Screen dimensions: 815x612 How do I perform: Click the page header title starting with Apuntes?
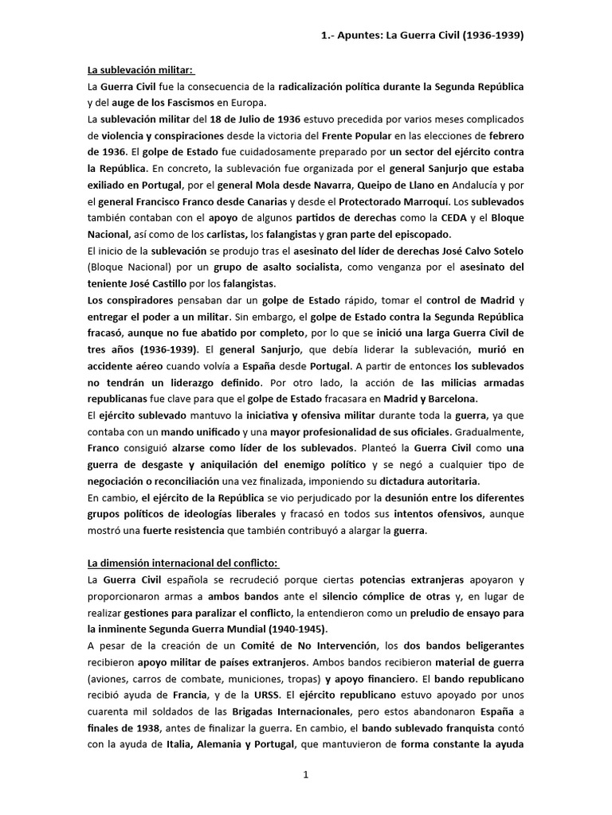click(422, 36)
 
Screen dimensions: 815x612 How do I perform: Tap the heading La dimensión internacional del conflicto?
click(183, 563)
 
